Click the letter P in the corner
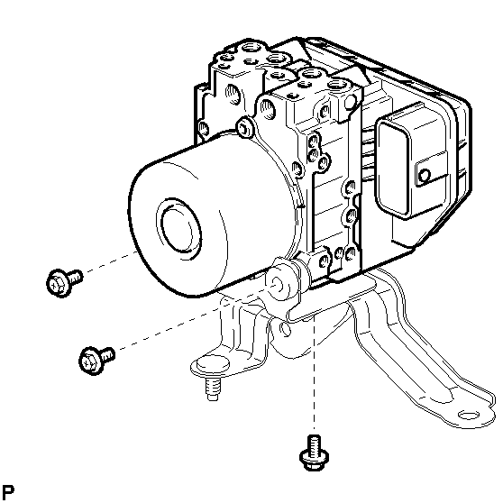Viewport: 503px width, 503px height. click(x=8, y=491)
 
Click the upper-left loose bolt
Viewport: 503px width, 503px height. click(x=64, y=282)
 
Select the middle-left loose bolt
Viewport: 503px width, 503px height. click(x=96, y=360)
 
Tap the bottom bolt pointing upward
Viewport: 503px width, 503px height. click(x=314, y=453)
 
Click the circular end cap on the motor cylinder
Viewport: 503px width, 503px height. click(x=179, y=225)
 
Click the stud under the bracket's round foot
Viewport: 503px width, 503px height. click(x=213, y=389)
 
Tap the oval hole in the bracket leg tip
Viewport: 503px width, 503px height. click(x=469, y=416)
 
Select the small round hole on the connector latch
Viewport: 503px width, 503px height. click(x=425, y=176)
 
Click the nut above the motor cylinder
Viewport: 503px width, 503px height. click(x=245, y=127)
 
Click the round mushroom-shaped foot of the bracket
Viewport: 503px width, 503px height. click(x=213, y=366)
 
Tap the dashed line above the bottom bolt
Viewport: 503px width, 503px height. click(x=314, y=372)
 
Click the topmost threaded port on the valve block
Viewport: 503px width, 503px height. click(x=251, y=49)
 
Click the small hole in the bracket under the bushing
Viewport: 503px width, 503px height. click(x=285, y=329)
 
